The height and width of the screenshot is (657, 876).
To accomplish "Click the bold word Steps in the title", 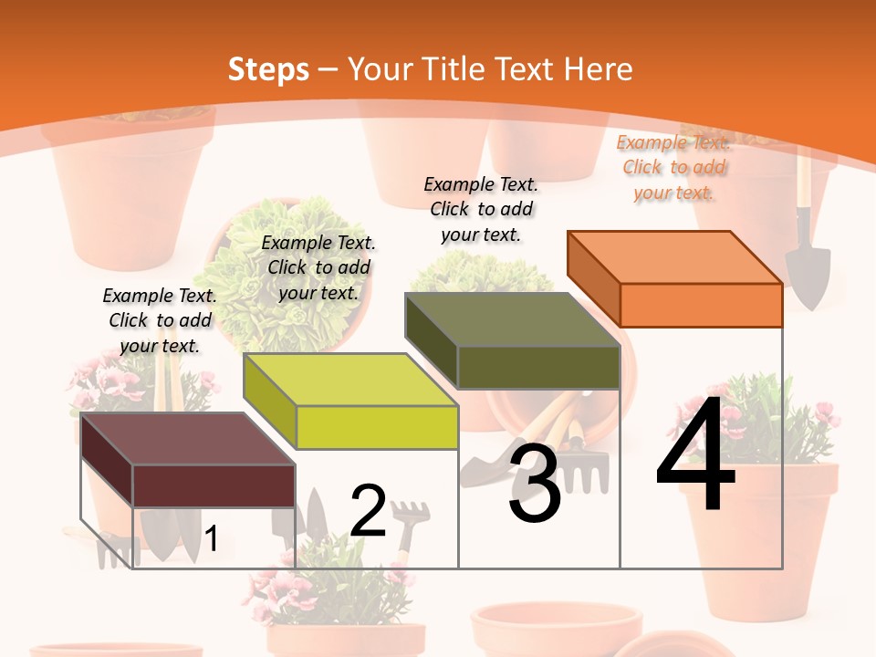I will click(x=268, y=69).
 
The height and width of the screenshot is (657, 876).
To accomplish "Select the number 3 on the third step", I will click(x=535, y=483).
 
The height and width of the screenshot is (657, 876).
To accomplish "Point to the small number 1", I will click(x=211, y=538).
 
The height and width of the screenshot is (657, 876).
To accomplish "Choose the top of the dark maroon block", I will click(x=188, y=439).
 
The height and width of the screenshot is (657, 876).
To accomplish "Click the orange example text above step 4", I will click(x=673, y=168).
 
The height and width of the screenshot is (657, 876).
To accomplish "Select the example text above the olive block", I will click(x=481, y=210).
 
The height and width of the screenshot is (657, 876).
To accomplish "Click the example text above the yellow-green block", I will click(x=318, y=268).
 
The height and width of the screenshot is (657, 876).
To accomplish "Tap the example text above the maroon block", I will click(x=160, y=321).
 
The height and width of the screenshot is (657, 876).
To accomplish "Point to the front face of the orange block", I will click(x=701, y=305).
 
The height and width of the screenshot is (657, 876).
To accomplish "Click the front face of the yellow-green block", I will click(x=377, y=427).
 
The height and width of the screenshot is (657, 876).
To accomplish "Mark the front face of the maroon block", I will click(x=214, y=485).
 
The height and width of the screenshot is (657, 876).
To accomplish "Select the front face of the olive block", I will click(x=538, y=367).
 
